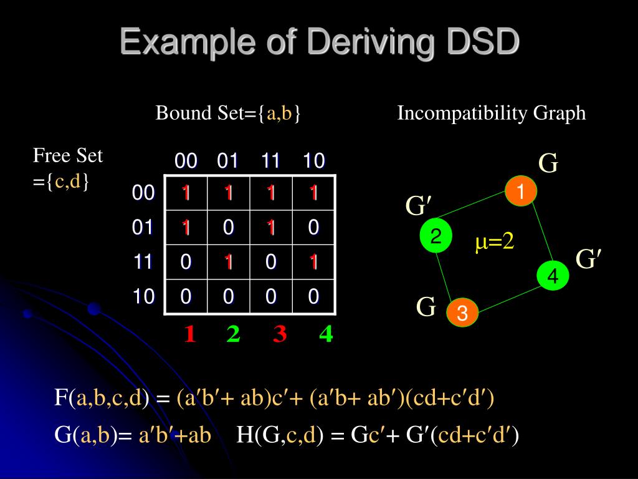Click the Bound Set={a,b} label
[x=228, y=113]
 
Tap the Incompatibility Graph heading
[x=492, y=113]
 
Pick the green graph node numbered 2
[x=436, y=236]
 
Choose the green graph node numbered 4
[x=553, y=276]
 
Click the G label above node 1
[x=548, y=164]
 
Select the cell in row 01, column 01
[x=229, y=228]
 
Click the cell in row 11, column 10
[x=313, y=262]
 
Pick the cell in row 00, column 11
[x=270, y=193]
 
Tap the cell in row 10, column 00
[x=186, y=296]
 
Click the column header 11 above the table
[x=270, y=162]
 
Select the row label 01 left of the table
[x=143, y=228]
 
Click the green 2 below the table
[x=234, y=335]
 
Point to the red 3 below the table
[x=280, y=335]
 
